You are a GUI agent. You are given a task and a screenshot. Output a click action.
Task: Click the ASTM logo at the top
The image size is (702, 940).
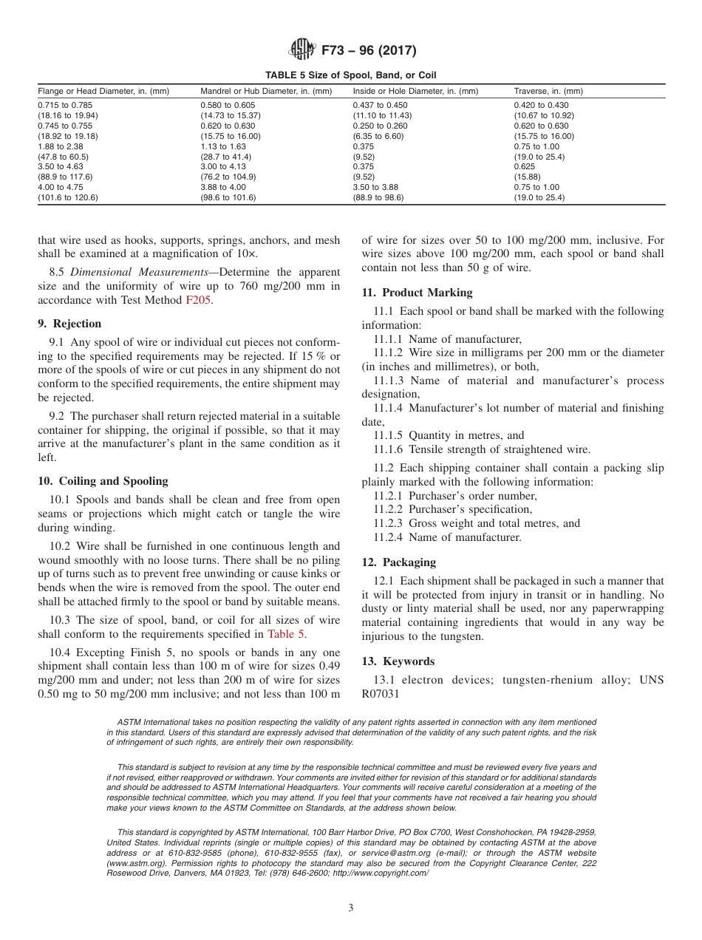(302, 50)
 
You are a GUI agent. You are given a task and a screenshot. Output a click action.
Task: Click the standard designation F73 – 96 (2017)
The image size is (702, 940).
(368, 51)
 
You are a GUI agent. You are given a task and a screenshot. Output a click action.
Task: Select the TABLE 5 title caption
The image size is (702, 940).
(351, 75)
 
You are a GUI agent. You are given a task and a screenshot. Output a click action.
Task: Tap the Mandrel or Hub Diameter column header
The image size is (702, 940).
(266, 91)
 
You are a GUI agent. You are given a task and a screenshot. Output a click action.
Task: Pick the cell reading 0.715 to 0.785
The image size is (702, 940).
(67, 106)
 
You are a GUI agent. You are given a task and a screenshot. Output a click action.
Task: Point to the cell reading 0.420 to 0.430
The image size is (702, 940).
(541, 106)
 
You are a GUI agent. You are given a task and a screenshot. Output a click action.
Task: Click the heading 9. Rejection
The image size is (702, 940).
(69, 324)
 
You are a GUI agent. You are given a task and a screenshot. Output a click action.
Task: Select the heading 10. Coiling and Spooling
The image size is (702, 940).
(103, 481)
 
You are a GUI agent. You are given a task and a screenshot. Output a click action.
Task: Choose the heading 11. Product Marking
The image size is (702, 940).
(417, 293)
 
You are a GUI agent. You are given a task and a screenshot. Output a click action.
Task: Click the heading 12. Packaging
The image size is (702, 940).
(398, 562)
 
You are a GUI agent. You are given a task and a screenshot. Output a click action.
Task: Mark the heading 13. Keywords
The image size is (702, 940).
(398, 661)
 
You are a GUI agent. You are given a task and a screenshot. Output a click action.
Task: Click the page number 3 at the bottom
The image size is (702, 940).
(351, 907)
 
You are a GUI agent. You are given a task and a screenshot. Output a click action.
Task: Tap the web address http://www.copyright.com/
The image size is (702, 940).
(380, 873)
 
